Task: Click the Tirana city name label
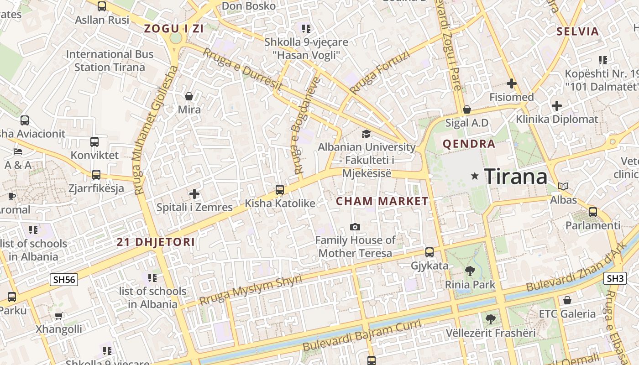point(515,176)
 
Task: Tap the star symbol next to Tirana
point(475,176)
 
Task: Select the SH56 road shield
point(64,279)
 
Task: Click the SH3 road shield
point(615,278)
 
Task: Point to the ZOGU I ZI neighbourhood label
point(174,29)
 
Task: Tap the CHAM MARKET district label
point(382,201)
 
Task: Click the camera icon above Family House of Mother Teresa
point(355,227)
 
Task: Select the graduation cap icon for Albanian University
point(366,134)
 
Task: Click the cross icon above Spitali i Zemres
point(194,194)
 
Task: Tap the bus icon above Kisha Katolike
point(280,190)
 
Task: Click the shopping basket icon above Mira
point(189,96)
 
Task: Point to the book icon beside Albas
point(563,186)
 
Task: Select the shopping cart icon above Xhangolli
point(59,316)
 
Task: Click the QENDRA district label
point(469,144)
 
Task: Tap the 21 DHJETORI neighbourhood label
point(156,242)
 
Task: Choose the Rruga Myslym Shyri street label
point(251,290)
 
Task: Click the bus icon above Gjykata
point(429,252)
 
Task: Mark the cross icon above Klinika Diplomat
point(556,106)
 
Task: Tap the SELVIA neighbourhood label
point(577,31)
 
